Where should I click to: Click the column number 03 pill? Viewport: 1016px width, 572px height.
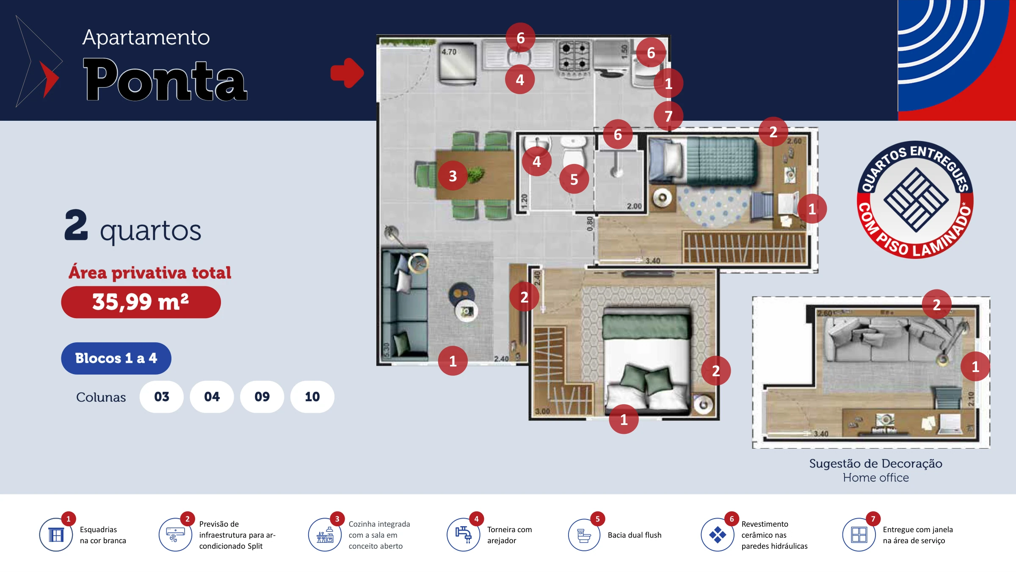click(x=162, y=397)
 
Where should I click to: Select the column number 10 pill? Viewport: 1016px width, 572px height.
click(x=312, y=397)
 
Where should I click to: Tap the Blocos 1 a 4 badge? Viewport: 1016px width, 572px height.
click(x=116, y=358)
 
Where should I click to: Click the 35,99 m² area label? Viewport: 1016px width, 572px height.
click(x=141, y=302)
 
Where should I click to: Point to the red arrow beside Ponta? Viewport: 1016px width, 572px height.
click(x=347, y=73)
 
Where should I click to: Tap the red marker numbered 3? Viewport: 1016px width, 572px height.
click(x=453, y=176)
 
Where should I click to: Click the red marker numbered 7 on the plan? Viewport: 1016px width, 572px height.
click(x=668, y=116)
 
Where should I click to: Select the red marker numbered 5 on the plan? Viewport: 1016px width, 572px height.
click(x=574, y=179)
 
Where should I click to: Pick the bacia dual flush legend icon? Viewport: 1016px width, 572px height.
click(x=584, y=535)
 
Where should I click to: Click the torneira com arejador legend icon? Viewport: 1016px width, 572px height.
click(x=464, y=535)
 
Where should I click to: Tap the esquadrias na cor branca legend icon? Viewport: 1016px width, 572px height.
click(x=56, y=535)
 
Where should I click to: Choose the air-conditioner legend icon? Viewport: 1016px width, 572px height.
click(x=175, y=535)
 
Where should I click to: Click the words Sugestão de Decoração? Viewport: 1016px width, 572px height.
click(x=875, y=464)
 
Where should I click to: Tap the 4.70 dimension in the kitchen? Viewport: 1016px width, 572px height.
click(x=449, y=52)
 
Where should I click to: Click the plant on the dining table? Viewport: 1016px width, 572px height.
click(x=477, y=174)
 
